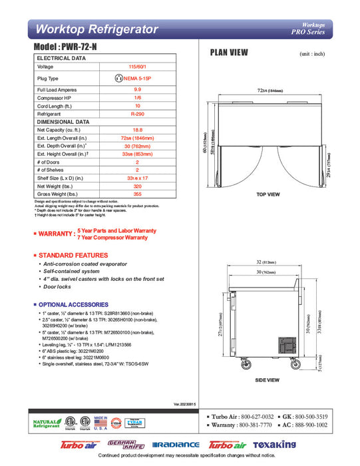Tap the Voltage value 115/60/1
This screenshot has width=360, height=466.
[138, 67]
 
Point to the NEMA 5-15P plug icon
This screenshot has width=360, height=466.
[120, 78]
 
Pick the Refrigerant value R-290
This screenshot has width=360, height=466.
[138, 115]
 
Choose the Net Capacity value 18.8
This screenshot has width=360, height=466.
[138, 130]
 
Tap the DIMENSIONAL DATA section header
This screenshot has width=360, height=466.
[63, 122]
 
